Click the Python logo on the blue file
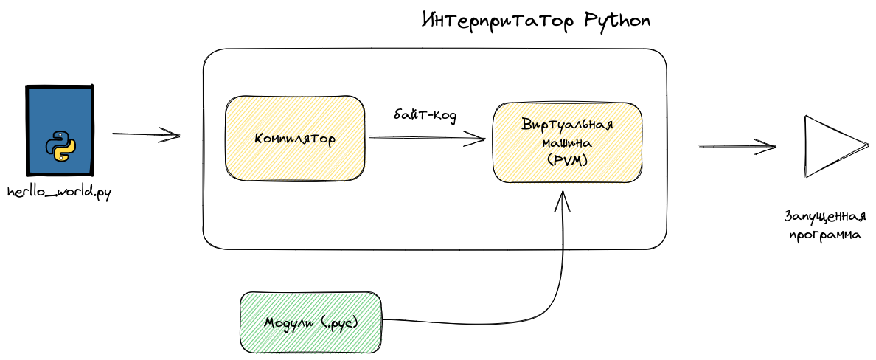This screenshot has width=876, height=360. coord(60,145)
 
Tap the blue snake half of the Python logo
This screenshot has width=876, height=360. coord(56,141)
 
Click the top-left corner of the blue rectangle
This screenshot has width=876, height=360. coord(30,89)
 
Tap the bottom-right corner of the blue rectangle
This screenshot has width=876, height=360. coord(89,172)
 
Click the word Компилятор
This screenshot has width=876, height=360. coord(295,139)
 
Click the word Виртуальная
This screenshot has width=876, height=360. coord(567,125)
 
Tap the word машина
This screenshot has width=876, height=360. coord(566,142)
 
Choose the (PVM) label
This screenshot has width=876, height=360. coord(567,159)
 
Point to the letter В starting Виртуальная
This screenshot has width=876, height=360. coord(526,124)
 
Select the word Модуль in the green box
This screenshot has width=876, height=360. coord(288,322)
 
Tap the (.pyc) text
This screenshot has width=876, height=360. coord(341,323)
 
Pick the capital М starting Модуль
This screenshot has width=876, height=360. coord(271,322)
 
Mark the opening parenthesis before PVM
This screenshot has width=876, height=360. coord(550,159)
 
